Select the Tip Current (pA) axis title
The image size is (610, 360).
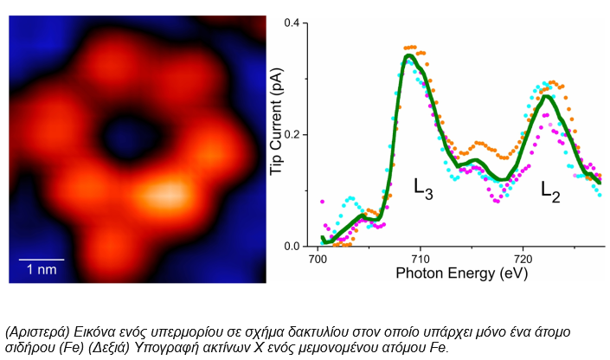point(278,134)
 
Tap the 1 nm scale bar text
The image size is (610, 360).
point(42,269)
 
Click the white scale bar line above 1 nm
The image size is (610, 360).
point(42,258)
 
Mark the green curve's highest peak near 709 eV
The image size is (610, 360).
point(408,57)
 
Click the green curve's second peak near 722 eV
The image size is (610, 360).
point(545,96)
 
